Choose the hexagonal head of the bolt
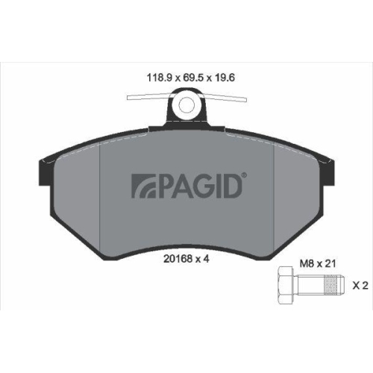click(283, 286)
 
